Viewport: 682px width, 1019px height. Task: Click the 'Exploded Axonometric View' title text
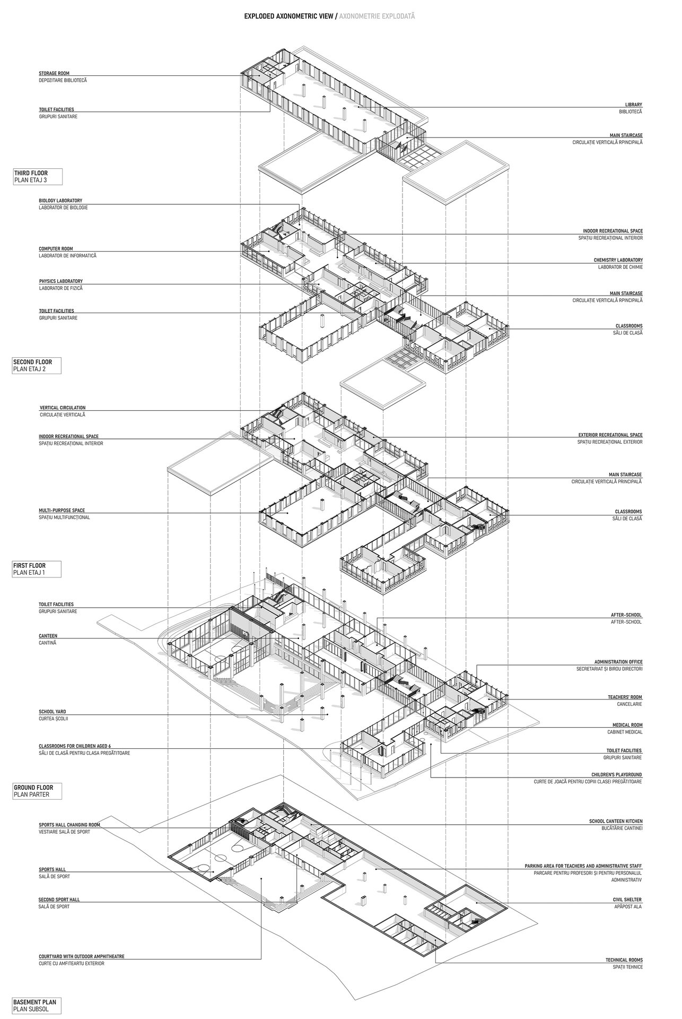point(289,16)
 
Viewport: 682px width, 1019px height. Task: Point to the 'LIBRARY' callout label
point(633,105)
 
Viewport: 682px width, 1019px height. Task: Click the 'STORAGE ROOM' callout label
point(54,73)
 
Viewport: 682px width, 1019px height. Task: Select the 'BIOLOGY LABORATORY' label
point(60,201)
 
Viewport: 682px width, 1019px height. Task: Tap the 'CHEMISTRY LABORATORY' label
point(618,260)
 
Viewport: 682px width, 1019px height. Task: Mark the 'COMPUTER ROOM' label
point(56,248)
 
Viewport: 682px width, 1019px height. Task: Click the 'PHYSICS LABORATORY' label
point(60,281)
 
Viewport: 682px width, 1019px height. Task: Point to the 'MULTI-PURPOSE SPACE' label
point(62,510)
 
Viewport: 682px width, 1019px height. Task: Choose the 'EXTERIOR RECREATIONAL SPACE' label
point(610,435)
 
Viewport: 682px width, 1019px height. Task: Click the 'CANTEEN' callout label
point(48,635)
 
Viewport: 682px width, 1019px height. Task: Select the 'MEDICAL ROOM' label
point(627,725)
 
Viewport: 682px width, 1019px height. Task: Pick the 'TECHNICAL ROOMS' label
point(624,960)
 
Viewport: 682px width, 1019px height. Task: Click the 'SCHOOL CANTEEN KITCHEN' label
point(615,821)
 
